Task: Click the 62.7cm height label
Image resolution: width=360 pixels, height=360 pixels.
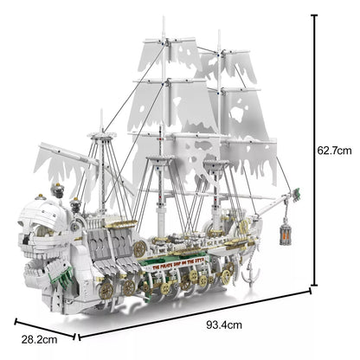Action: pyautogui.click(x=333, y=149)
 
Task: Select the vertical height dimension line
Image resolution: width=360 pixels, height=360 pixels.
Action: pyautogui.click(x=312, y=148)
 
